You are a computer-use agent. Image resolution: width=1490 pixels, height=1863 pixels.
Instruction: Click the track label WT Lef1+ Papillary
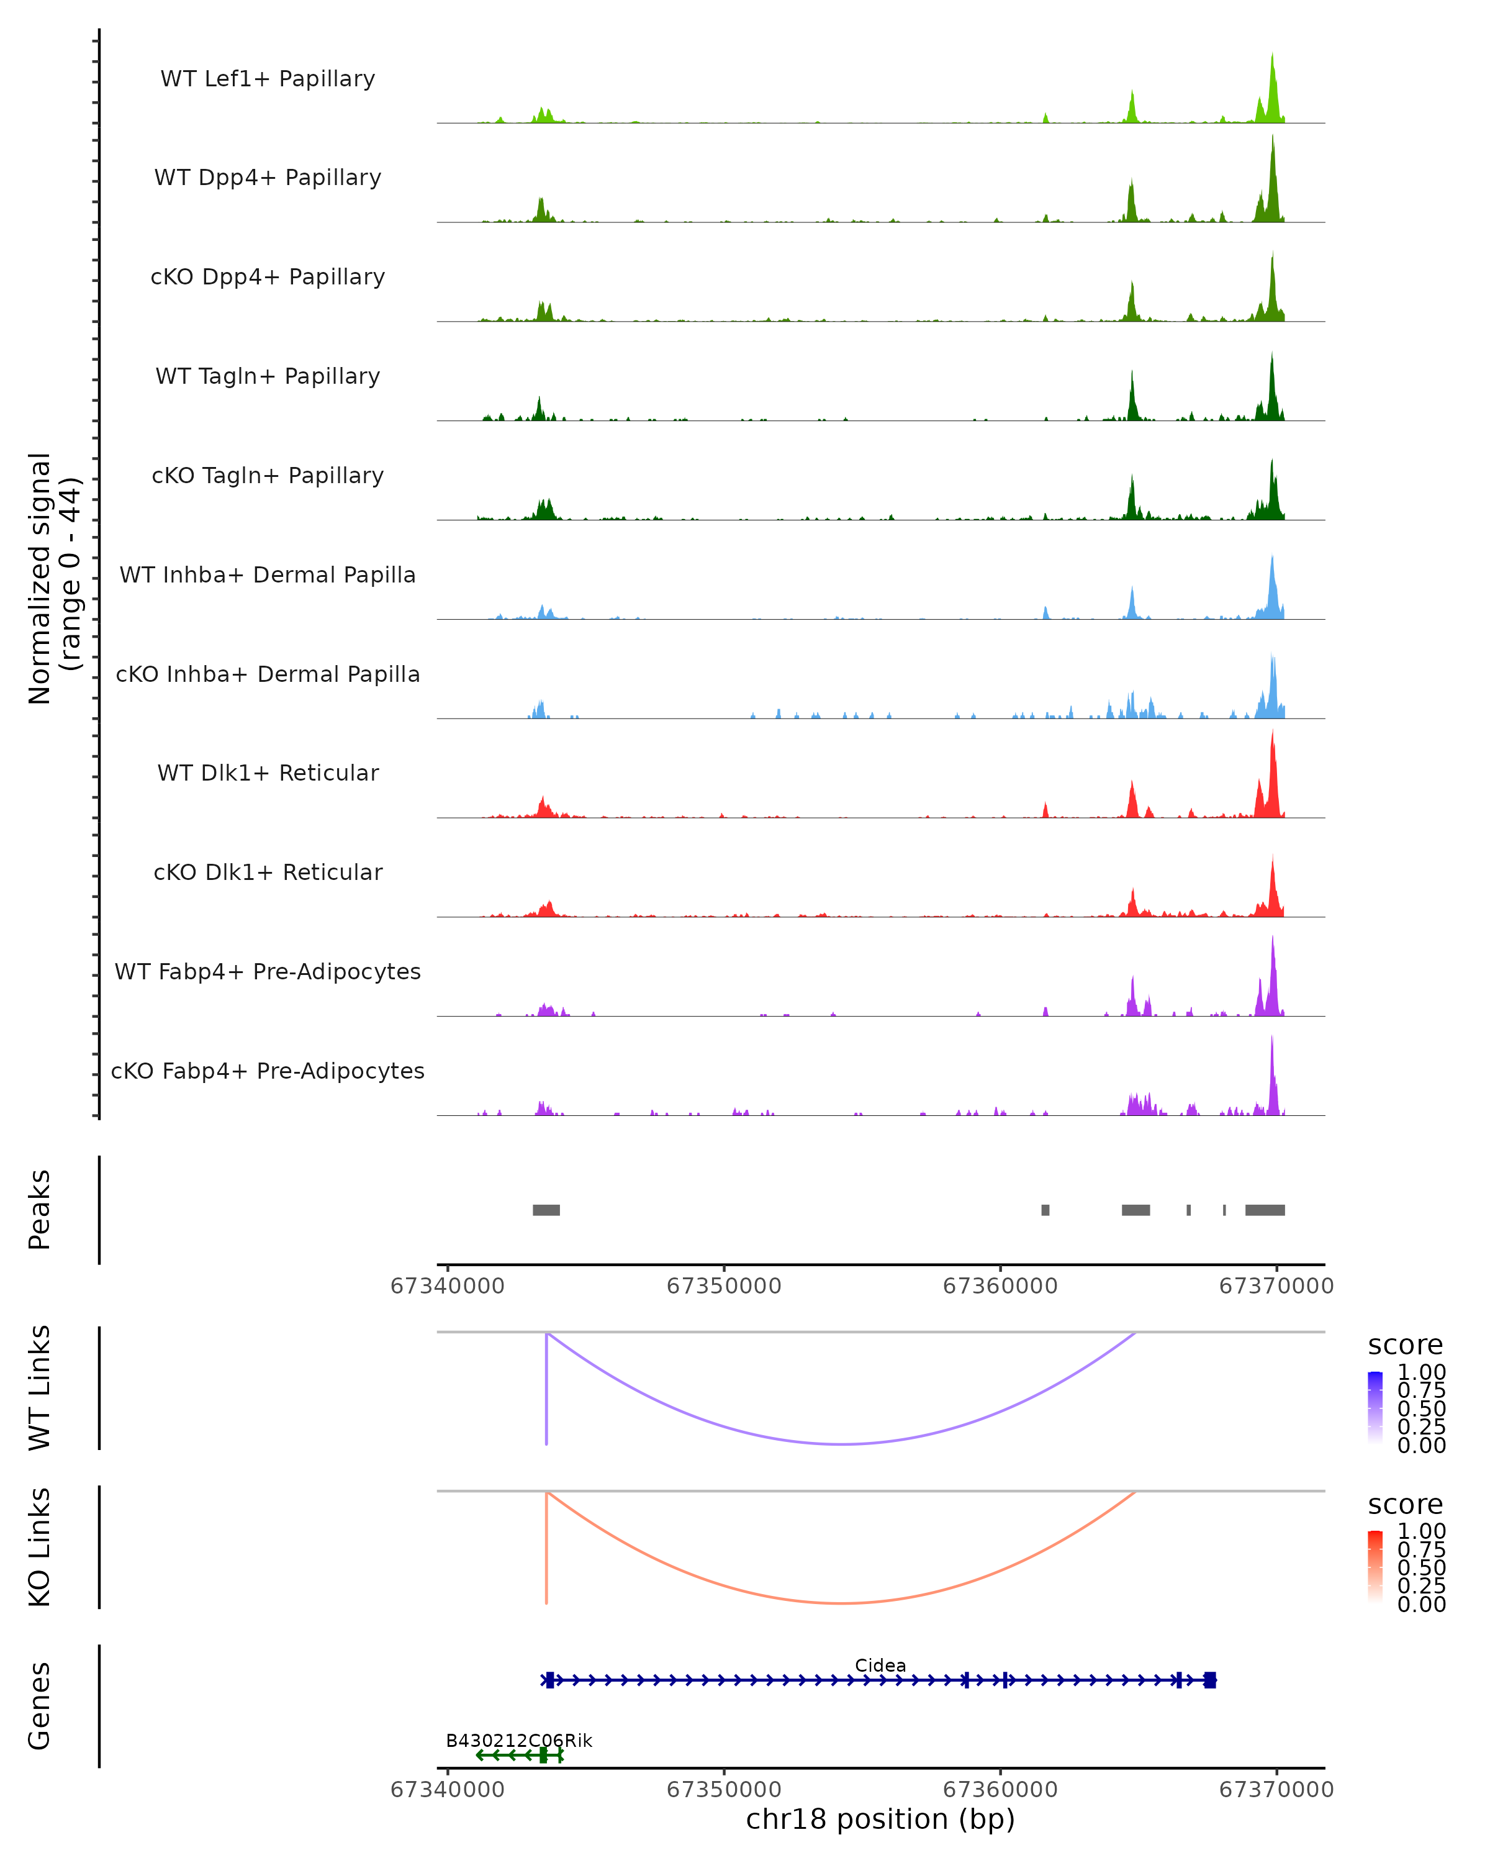[x=268, y=79]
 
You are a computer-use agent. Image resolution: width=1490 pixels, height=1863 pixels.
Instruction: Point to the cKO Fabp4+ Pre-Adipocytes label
[x=268, y=1071]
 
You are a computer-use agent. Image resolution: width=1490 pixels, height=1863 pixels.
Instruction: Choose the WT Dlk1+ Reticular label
[x=268, y=773]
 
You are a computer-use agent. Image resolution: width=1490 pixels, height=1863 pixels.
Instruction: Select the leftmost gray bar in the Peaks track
[x=546, y=1210]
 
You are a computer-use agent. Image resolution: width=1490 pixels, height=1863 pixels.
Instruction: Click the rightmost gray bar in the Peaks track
[x=1265, y=1210]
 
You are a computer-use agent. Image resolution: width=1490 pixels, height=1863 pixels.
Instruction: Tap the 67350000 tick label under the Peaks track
[x=724, y=1286]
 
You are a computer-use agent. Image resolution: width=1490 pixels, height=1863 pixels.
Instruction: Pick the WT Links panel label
[x=40, y=1388]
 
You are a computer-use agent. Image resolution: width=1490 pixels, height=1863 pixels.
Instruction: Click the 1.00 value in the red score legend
[x=1422, y=1531]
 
